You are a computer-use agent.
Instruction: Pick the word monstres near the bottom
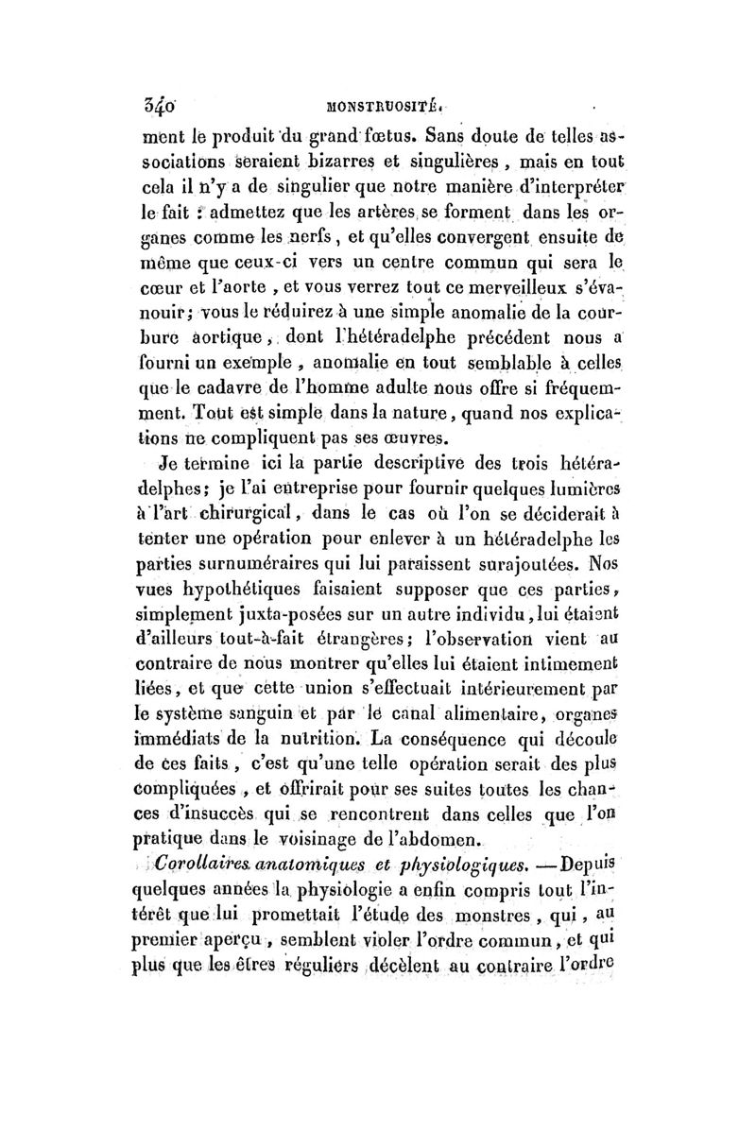pos(519,913)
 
